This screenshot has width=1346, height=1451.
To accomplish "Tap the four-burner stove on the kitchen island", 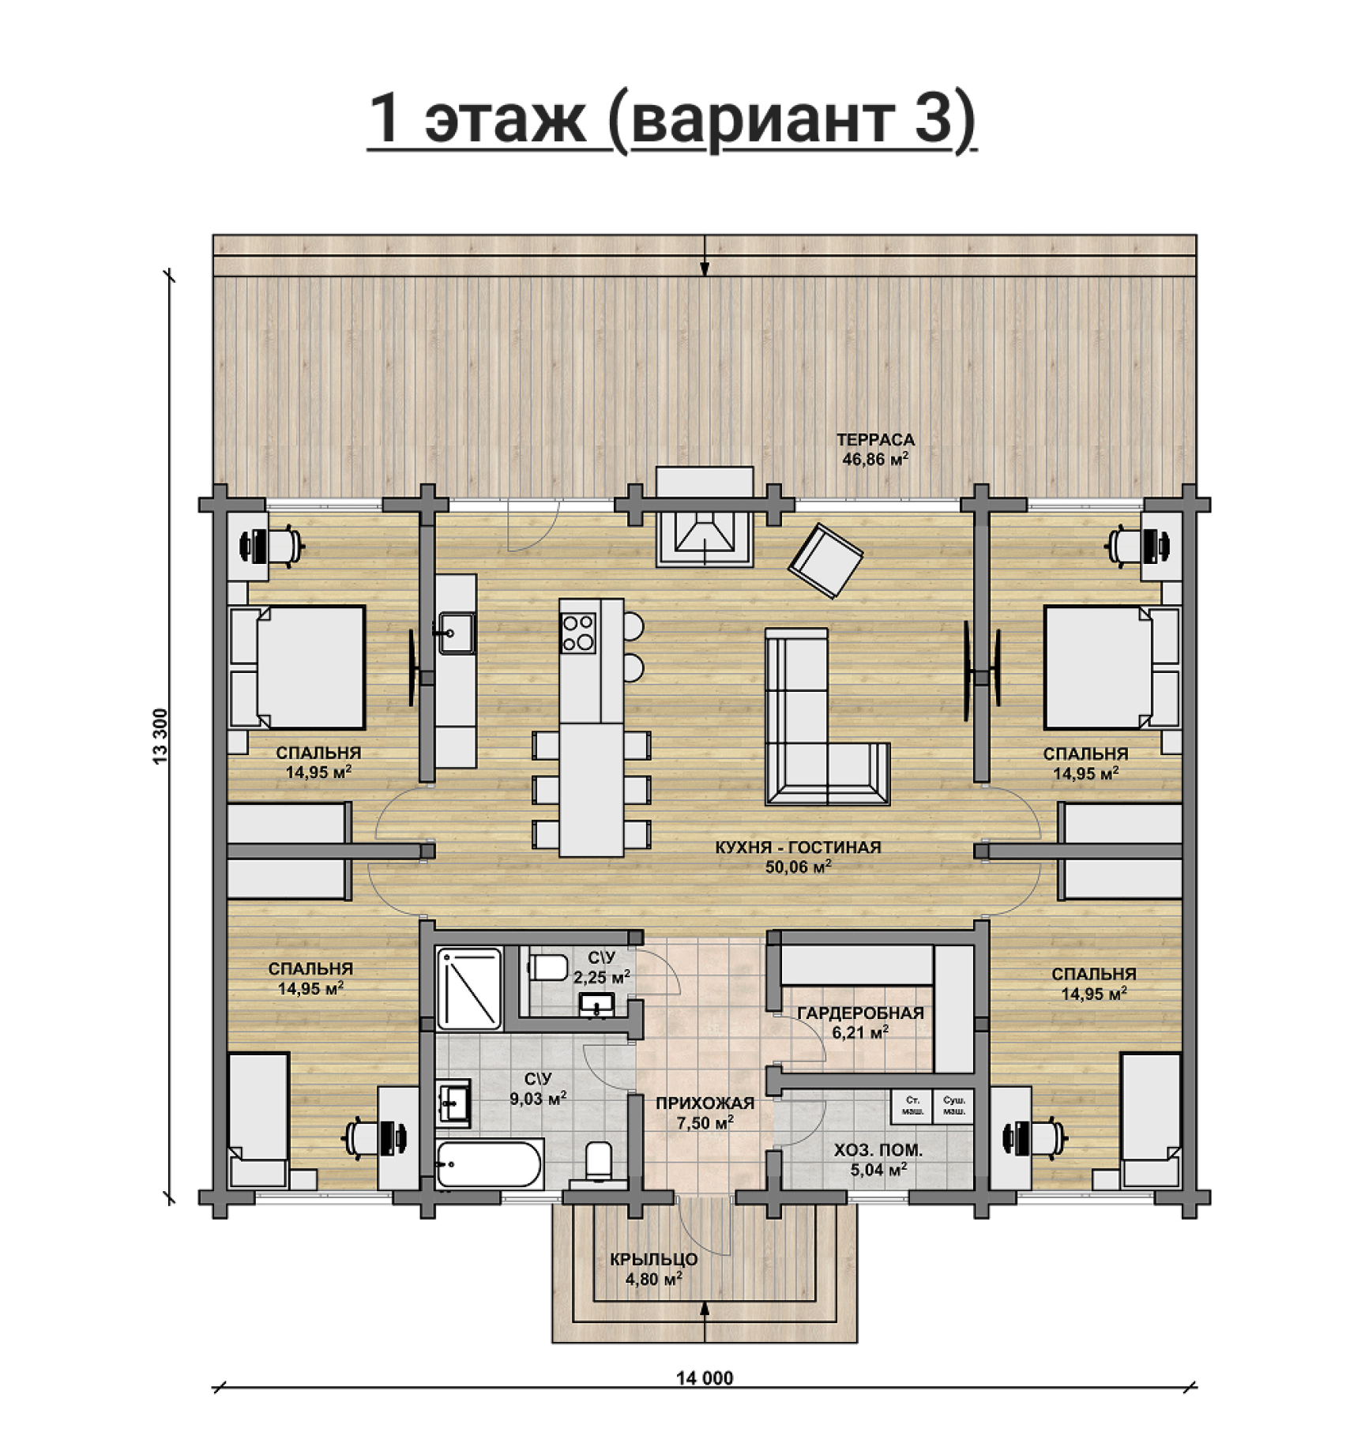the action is click(x=577, y=633).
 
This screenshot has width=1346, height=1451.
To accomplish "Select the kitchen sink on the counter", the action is click(x=456, y=633).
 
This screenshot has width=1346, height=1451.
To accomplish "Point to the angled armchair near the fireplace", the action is click(x=825, y=560).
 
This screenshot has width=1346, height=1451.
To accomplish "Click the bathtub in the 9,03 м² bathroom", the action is click(x=490, y=1163).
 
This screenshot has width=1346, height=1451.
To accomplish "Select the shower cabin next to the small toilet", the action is click(x=469, y=989).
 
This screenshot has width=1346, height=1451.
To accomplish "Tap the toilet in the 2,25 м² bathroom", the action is click(x=547, y=967).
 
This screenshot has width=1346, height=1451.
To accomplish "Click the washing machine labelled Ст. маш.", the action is click(x=912, y=1106).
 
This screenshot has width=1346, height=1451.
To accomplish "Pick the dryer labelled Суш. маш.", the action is click(x=953, y=1106).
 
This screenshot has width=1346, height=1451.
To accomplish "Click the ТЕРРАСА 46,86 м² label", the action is click(x=875, y=449).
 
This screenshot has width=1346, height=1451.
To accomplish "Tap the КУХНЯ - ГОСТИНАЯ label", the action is click(x=798, y=848).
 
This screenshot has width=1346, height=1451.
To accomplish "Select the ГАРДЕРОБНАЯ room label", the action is click(x=860, y=1013).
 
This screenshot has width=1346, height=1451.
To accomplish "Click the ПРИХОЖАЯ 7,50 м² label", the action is click(x=705, y=1112).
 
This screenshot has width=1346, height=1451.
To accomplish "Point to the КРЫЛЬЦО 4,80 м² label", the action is click(x=654, y=1269).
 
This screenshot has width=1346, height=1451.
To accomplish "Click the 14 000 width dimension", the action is click(x=705, y=1378).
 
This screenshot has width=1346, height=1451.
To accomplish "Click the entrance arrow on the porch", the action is click(x=705, y=1322).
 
